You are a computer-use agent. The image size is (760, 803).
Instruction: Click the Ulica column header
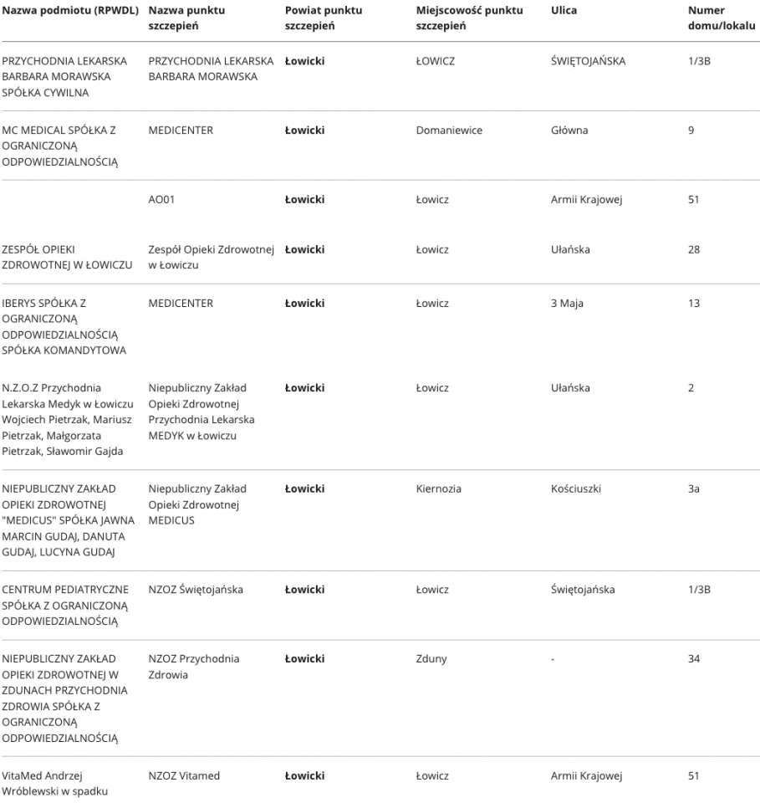[564, 11]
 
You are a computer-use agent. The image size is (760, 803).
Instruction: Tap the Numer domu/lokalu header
[722, 18]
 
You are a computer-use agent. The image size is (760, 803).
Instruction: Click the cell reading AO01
[161, 200]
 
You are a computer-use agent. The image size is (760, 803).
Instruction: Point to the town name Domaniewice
[449, 130]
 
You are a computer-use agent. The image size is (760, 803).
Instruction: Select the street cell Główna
[569, 130]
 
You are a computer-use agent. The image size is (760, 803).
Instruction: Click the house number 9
[691, 130]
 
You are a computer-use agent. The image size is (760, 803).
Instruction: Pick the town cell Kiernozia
[438, 488]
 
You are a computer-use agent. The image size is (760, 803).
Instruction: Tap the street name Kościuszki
[576, 488]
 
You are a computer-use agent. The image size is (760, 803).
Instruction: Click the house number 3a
[694, 488]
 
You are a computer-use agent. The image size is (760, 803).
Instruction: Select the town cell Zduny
[431, 659]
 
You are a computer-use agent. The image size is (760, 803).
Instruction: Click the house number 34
[694, 659]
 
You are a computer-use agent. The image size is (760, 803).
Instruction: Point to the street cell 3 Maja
[567, 304]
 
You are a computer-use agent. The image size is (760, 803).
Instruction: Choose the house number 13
[694, 304]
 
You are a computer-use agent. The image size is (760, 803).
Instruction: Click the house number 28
[694, 250]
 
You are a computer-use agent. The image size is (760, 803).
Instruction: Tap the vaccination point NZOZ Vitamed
[184, 776]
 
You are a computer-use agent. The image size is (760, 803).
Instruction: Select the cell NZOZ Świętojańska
[196, 590]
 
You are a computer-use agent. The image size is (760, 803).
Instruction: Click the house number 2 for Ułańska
[691, 388]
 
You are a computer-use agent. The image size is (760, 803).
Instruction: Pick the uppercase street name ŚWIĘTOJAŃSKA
[588, 61]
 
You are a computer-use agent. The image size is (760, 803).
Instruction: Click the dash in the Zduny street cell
[553, 659]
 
